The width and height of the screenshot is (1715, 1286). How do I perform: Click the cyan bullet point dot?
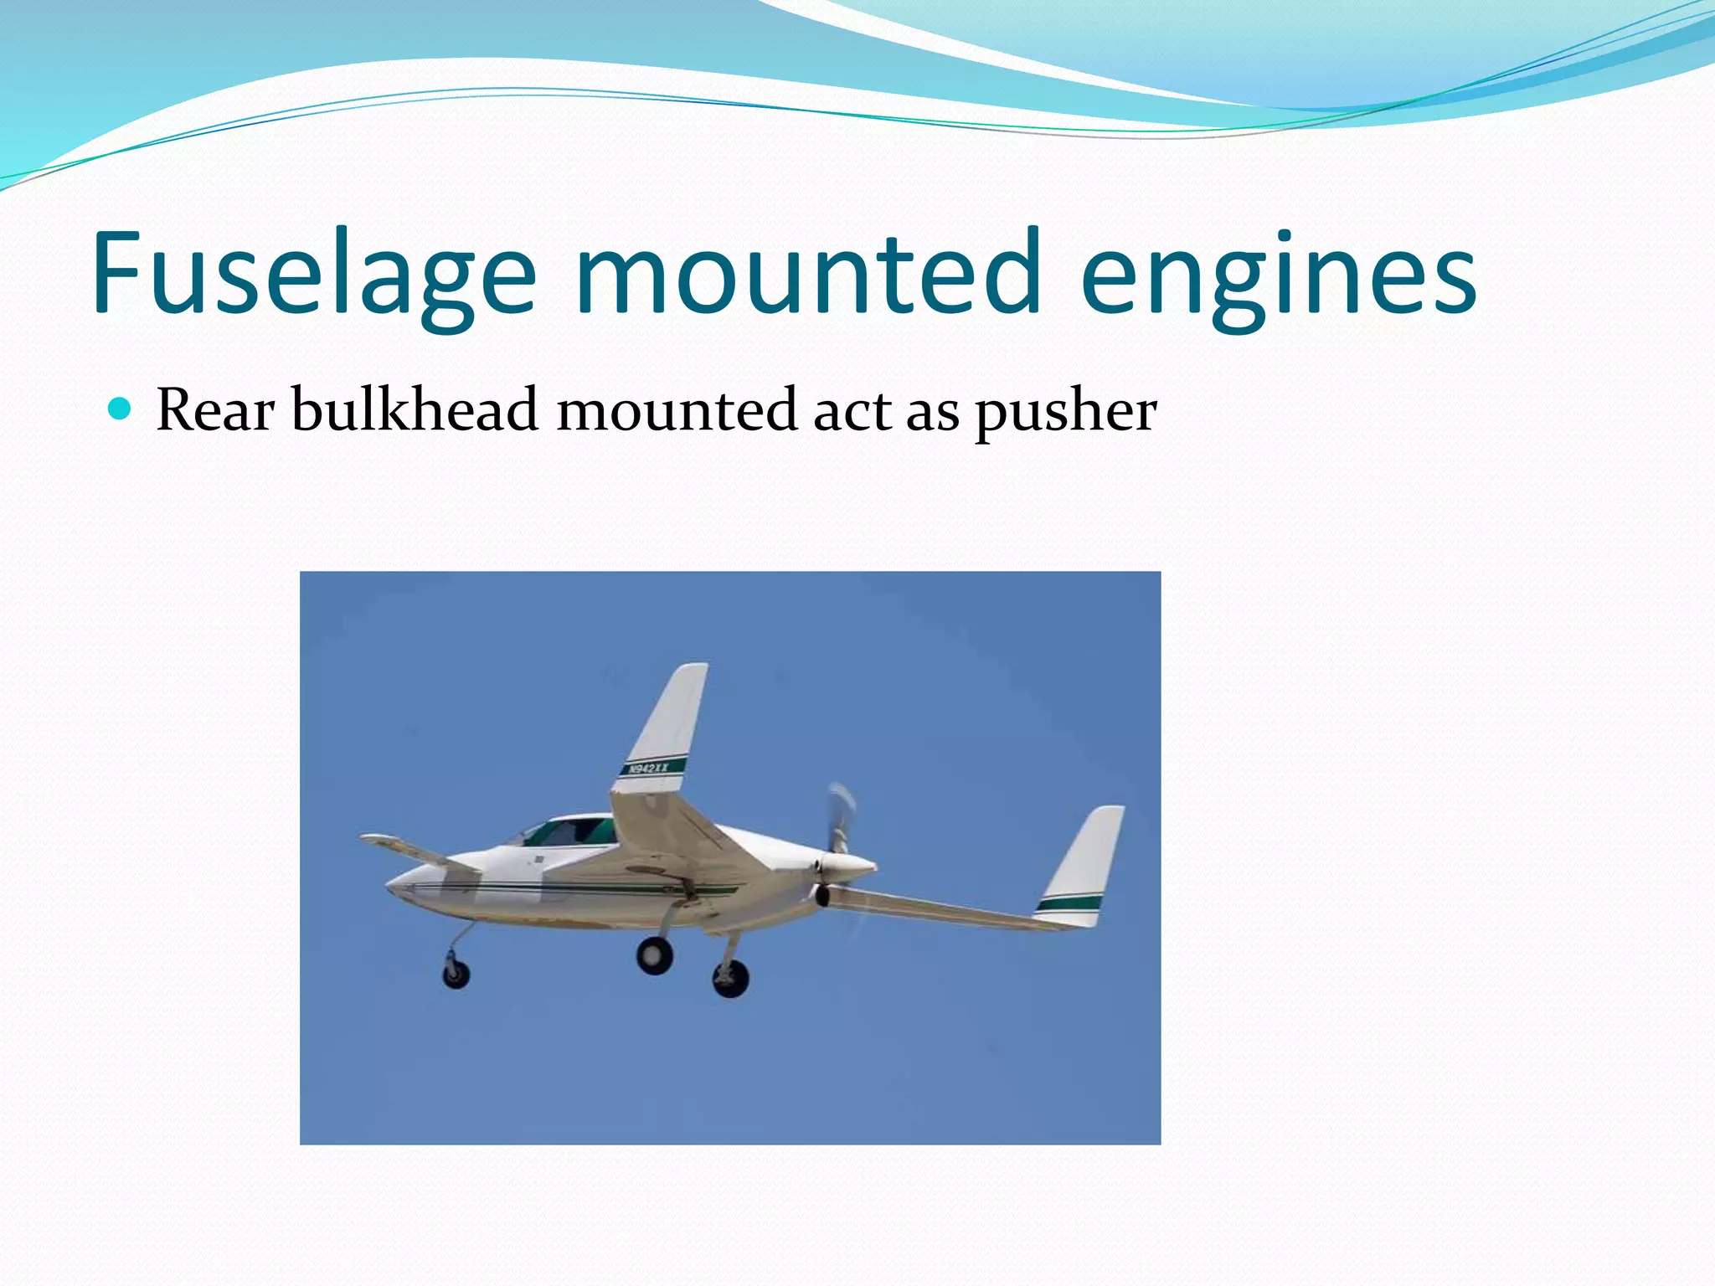tap(121, 409)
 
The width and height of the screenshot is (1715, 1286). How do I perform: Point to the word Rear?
tap(215, 410)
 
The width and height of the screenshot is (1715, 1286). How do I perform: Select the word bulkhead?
tap(415, 410)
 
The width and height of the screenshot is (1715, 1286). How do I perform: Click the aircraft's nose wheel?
tap(456, 974)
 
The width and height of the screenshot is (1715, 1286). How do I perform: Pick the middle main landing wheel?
tap(654, 954)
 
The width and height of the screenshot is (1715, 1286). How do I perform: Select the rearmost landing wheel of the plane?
tap(730, 978)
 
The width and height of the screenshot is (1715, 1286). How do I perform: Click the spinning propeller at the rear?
tap(840, 815)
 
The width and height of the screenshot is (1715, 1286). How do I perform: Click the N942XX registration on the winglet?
tap(649, 768)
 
